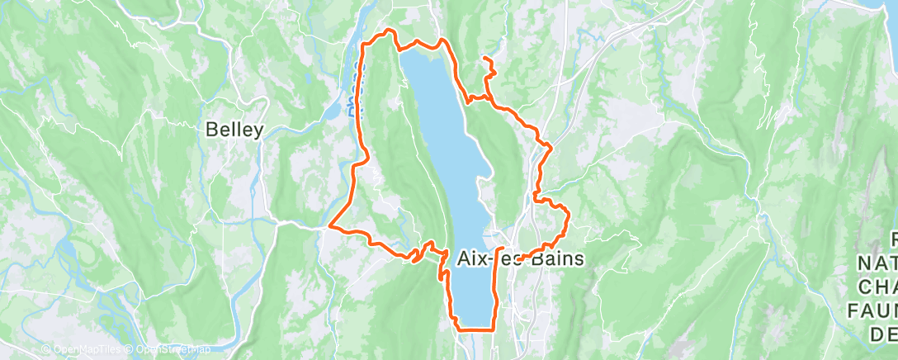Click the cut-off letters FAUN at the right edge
[875, 310]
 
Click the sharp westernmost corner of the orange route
[330, 225]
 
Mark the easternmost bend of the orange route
[569, 216]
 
